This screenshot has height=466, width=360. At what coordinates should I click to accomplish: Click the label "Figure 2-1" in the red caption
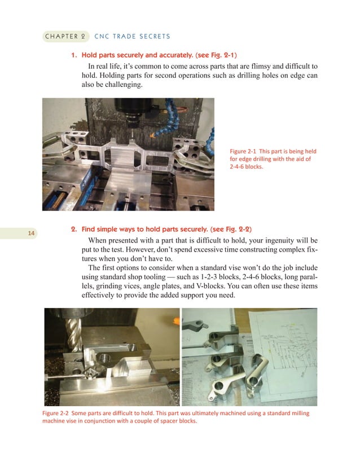[243, 151]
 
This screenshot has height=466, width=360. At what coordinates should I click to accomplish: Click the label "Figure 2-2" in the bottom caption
[56, 414]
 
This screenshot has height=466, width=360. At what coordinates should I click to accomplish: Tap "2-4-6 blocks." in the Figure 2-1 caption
[247, 167]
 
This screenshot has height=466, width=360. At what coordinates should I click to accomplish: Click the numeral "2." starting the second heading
[73, 230]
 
